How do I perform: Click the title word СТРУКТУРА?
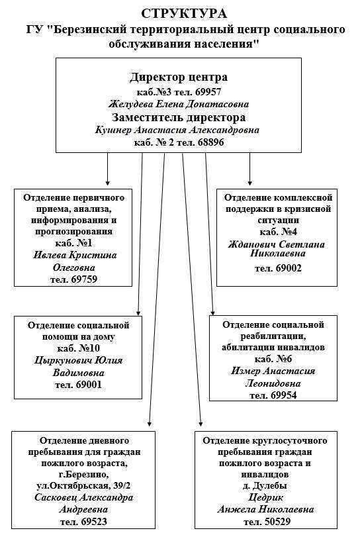coord(184,14)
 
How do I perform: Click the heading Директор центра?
coord(178,77)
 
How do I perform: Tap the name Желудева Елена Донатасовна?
coord(179,104)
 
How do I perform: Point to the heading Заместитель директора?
coord(179,117)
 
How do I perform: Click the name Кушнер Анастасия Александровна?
coord(177,130)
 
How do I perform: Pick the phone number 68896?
coord(210,142)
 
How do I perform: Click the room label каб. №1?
coord(73,243)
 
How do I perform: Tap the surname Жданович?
coord(251,244)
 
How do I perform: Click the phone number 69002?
coord(289,268)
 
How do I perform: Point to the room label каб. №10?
coord(78,348)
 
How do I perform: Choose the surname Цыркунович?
coord(64,360)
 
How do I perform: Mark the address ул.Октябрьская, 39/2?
coord(83,486)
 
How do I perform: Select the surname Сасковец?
coord(56,497)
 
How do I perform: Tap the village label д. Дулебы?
coord(265,485)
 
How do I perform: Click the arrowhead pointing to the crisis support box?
coord(250,183)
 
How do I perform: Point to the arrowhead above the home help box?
coord(138,313)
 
